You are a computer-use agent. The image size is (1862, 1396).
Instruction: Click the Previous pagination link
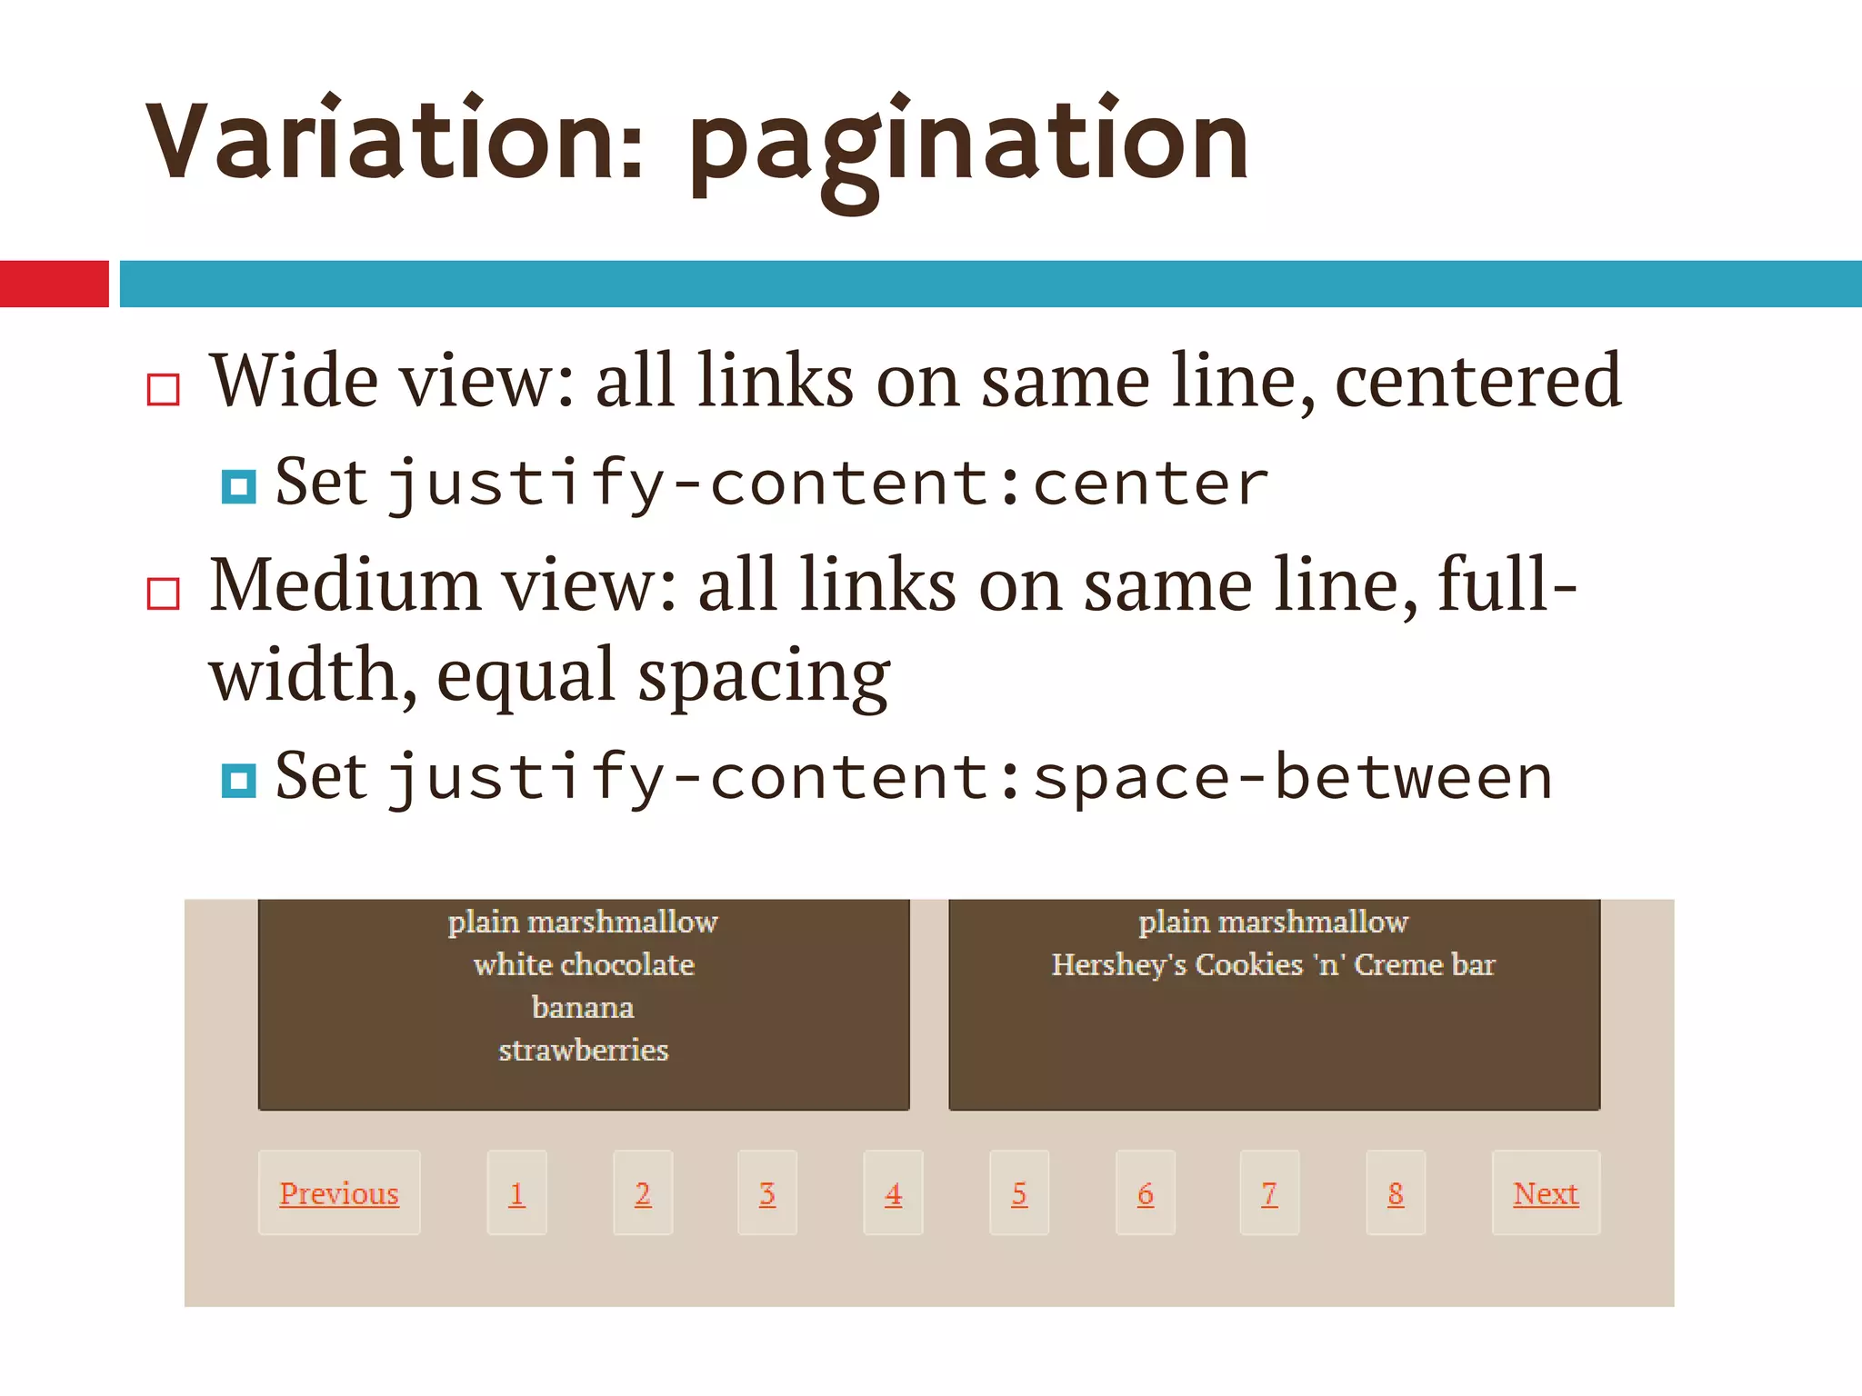click(x=339, y=1193)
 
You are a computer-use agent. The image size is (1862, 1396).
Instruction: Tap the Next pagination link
click(x=1546, y=1193)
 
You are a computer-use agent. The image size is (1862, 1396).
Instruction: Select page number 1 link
click(x=516, y=1193)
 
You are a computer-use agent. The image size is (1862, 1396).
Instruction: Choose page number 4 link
click(x=893, y=1193)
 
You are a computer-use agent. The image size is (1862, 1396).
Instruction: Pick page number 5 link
click(x=1019, y=1193)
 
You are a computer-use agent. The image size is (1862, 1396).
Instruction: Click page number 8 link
click(x=1396, y=1193)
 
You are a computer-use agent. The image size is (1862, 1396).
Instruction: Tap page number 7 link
click(x=1269, y=1193)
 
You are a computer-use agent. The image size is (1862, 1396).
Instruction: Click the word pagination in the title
click(x=969, y=145)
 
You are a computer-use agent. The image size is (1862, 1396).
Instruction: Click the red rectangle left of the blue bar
click(x=55, y=284)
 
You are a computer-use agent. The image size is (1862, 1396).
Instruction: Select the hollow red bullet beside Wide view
click(x=164, y=390)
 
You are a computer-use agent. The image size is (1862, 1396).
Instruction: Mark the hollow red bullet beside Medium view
click(x=164, y=593)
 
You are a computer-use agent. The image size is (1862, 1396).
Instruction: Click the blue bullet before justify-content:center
click(x=239, y=487)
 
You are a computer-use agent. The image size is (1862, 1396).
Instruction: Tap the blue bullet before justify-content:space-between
click(x=239, y=781)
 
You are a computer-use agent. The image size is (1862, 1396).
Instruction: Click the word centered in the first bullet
click(x=1477, y=382)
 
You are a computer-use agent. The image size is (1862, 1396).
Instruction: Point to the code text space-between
click(x=1292, y=779)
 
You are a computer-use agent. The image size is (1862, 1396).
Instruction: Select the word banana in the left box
click(x=583, y=1007)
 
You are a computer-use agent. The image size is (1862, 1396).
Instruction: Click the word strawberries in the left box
click(x=583, y=1051)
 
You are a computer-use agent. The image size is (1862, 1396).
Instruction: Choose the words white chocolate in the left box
click(x=584, y=964)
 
